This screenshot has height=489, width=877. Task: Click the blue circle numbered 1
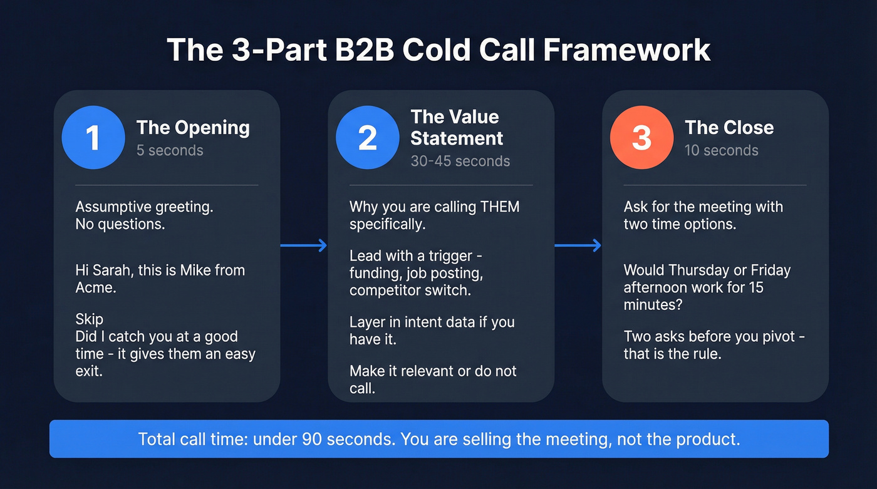coord(93,138)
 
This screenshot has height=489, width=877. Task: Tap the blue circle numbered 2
coord(367,138)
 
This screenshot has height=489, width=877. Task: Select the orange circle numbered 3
coord(641,138)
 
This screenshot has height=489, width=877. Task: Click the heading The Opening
coord(193,128)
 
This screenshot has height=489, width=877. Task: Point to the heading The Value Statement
coord(457,127)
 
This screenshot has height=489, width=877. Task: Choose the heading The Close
coord(729,128)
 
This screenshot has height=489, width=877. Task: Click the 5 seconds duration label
coord(170,151)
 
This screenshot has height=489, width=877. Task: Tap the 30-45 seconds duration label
coord(460,161)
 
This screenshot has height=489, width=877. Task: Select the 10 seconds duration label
coord(722,151)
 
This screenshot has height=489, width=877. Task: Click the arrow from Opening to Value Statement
coord(304,245)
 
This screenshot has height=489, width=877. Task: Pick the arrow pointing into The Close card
coord(578,245)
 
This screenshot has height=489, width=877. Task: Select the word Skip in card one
coord(89,320)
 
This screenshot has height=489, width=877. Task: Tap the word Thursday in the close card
coord(705,270)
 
